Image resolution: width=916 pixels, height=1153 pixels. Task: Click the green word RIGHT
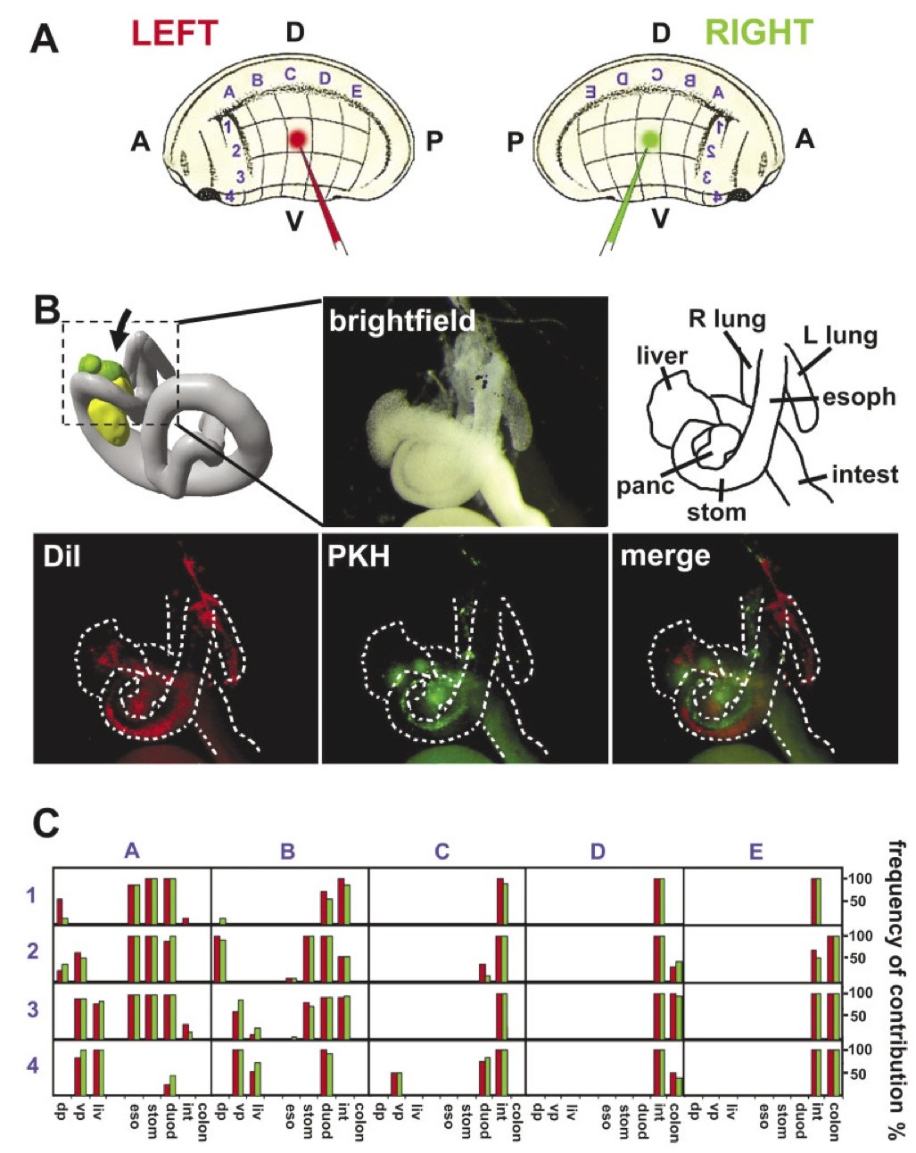coord(759,33)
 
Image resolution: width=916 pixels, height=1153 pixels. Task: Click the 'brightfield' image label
coord(401,320)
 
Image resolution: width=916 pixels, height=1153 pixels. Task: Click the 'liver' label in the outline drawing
coord(662,356)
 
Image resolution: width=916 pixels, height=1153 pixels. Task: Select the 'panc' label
coord(643,486)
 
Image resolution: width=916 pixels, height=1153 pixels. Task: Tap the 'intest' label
coord(864,474)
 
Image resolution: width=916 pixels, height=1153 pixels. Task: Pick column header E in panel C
coord(755,852)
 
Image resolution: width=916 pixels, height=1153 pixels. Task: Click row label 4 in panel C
coord(32,1065)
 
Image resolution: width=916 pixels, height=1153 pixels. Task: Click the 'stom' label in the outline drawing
coord(716,512)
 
